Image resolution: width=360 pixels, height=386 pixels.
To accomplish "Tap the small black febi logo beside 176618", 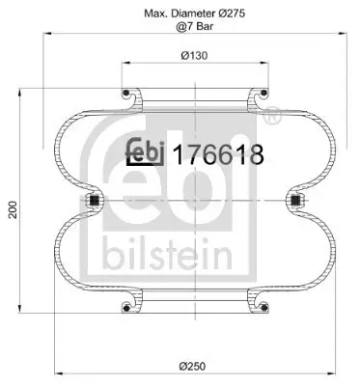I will pos(147,152).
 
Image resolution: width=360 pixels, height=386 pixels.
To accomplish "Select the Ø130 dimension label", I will pos(193,54).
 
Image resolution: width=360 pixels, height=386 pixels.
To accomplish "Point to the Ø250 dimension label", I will pos(194,364).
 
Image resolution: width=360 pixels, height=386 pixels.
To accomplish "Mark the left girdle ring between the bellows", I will pos(95,201).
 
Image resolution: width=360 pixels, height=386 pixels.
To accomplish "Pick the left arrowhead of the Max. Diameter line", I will pos(46,39).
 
